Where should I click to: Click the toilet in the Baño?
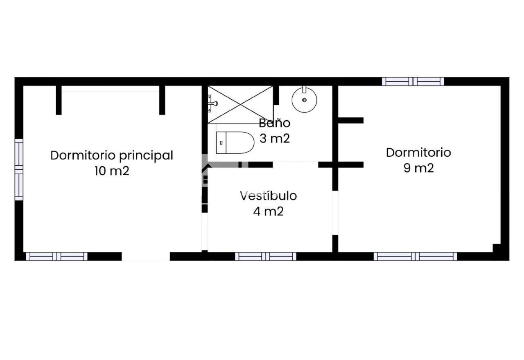click(235, 143)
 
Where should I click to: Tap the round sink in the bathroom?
click(304, 100)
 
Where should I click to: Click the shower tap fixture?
click(212, 103)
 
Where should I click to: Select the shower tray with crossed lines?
click(240, 104)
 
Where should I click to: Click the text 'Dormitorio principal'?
click(112, 156)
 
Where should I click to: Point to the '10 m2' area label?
click(112, 171)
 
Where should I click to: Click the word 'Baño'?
click(275, 123)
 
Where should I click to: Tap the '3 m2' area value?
click(275, 138)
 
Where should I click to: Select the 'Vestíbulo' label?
click(268, 196)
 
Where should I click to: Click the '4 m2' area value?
click(268, 211)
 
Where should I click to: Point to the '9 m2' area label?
click(418, 168)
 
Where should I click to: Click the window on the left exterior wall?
click(19, 170)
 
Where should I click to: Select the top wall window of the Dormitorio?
click(413, 81)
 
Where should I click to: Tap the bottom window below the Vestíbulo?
click(266, 256)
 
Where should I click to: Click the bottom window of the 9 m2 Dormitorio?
click(415, 256)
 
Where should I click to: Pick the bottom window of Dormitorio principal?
click(56, 256)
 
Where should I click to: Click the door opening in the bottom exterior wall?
click(145, 256)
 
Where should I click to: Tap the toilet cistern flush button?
click(221, 143)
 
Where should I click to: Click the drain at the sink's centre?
click(304, 100)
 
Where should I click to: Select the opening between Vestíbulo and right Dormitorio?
click(335, 213)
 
